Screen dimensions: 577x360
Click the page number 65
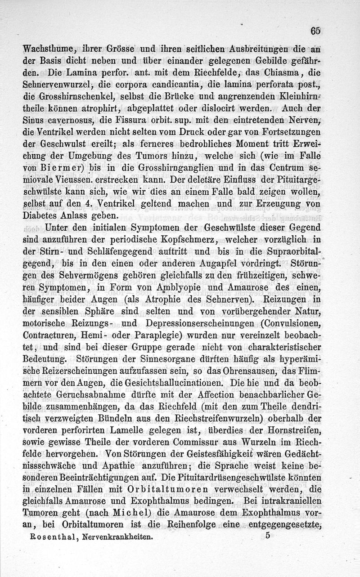[315, 31]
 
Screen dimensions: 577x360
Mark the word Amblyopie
[190, 287]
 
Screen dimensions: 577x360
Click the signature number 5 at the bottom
[267, 535]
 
